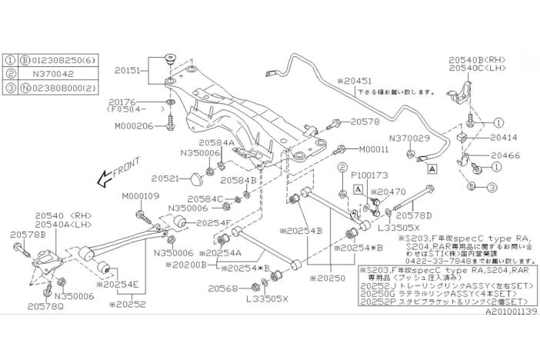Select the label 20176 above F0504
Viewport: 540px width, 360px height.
pyautogui.click(x=123, y=101)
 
